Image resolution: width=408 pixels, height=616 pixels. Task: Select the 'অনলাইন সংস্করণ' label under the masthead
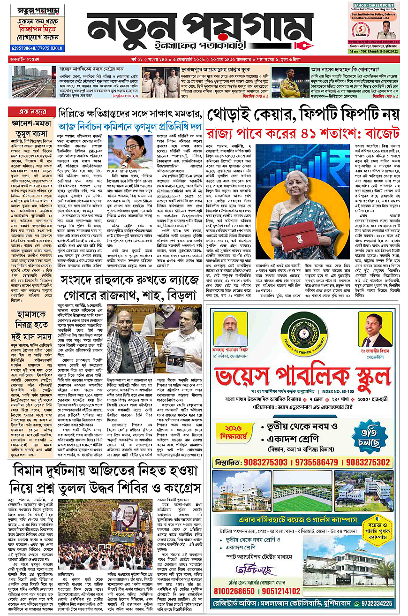tap(27, 60)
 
